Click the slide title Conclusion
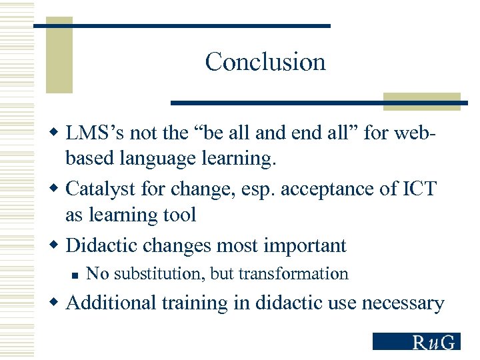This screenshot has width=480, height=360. (x=265, y=62)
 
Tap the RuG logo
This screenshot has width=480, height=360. (x=417, y=341)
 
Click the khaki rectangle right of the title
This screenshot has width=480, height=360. (x=421, y=101)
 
